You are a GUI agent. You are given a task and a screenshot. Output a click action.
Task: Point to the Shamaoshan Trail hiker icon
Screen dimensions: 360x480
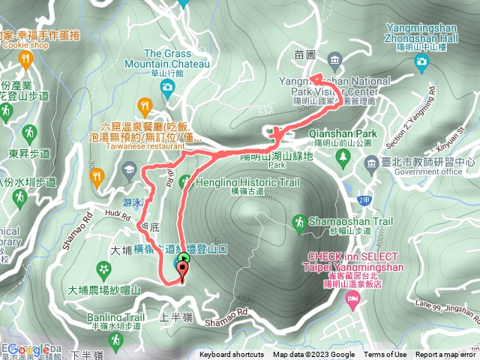click(299, 222)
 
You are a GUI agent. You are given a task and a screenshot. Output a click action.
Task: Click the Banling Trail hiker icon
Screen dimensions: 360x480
click(114, 341)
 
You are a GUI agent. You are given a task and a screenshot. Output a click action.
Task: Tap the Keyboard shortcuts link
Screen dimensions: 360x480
click(231, 355)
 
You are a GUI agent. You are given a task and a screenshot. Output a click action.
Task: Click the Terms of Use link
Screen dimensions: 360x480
click(385, 355)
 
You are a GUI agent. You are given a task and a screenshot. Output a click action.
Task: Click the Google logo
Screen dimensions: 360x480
click(28, 349)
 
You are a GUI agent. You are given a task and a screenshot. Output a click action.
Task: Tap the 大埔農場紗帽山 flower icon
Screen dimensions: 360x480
click(103, 269)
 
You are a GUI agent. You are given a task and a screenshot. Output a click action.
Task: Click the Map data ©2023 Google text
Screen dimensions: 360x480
click(313, 355)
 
